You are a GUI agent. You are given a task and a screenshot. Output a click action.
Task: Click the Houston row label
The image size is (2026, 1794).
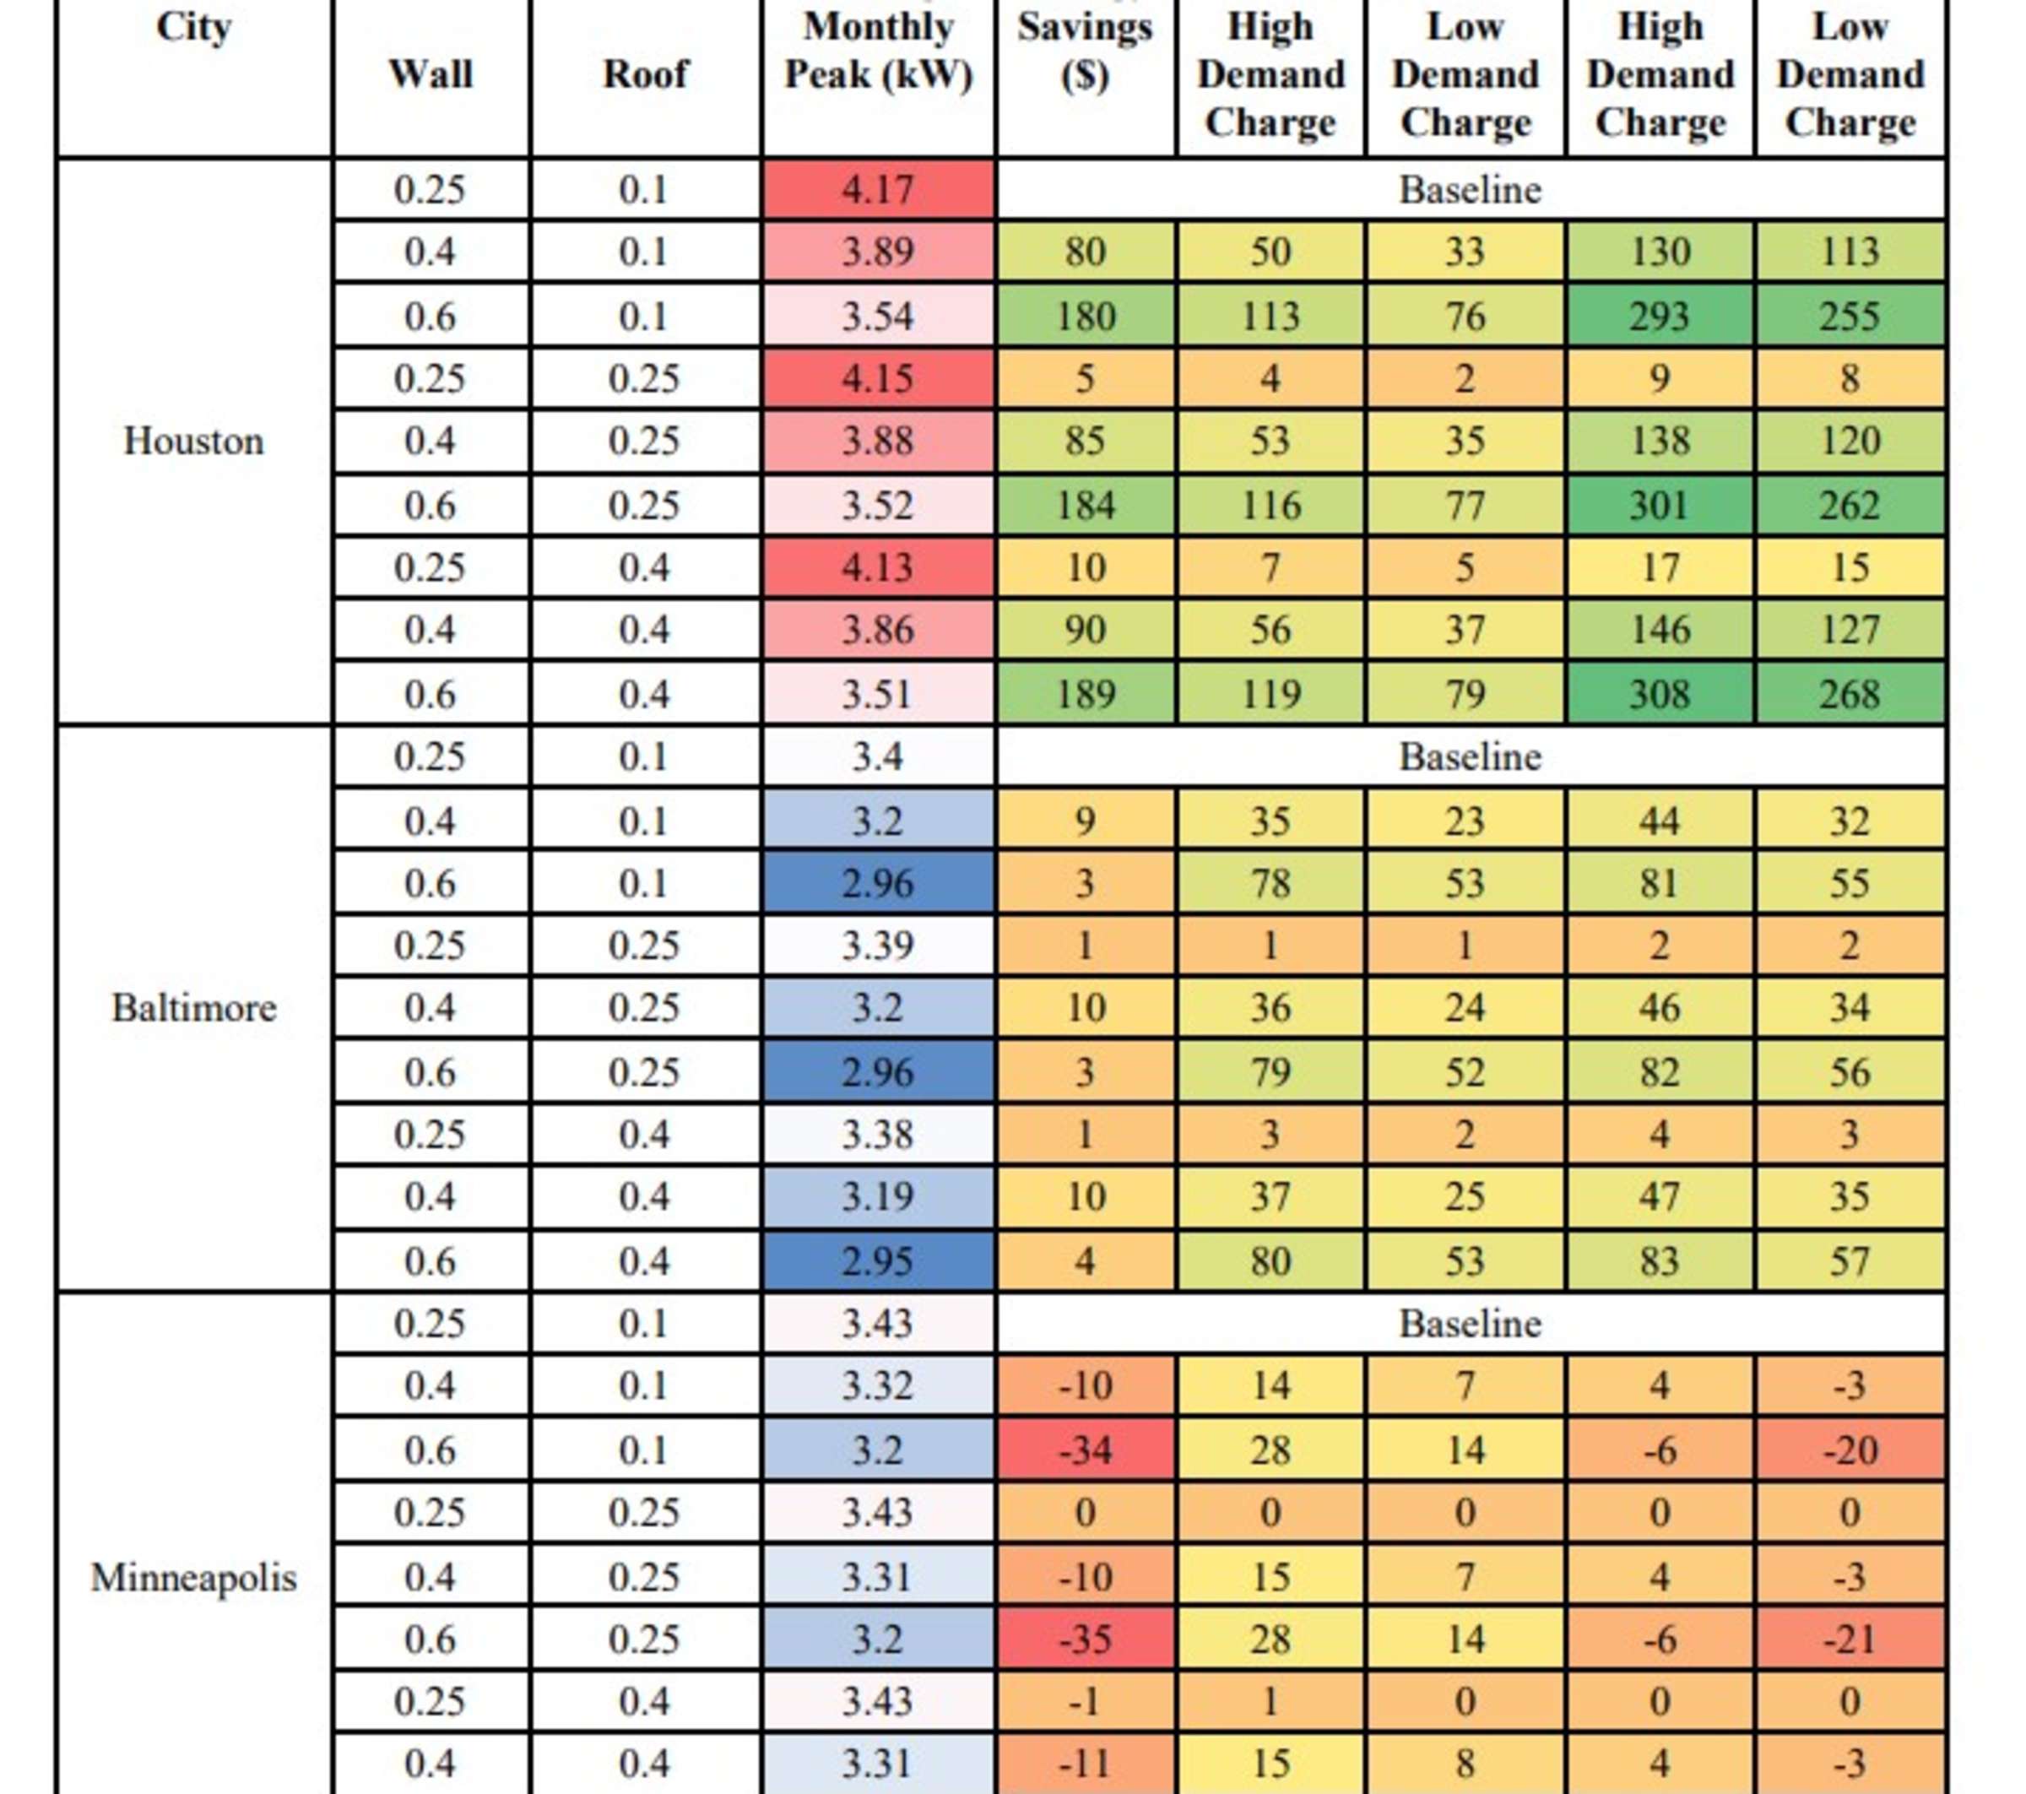(193, 441)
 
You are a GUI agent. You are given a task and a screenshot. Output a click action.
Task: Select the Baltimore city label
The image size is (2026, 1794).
(193, 1008)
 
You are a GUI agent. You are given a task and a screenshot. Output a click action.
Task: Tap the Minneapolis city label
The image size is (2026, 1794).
(193, 1577)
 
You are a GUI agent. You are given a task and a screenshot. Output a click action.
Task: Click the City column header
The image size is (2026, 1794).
(193, 28)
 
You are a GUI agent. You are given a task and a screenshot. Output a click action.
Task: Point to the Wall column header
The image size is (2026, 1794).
(431, 74)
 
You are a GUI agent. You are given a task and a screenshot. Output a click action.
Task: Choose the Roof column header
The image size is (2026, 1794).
(645, 74)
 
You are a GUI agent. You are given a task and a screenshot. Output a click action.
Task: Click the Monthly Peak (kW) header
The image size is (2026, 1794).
(878, 51)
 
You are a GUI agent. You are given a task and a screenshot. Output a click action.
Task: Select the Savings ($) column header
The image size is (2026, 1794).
(1085, 51)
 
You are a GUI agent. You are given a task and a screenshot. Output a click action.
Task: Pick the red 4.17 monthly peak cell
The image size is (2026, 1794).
(878, 189)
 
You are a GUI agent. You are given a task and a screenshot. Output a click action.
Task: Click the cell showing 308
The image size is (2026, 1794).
(1660, 694)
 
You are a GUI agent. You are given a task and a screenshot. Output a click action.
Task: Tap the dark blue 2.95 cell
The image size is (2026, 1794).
(878, 1260)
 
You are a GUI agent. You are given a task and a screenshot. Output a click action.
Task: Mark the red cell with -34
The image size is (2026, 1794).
(1085, 1450)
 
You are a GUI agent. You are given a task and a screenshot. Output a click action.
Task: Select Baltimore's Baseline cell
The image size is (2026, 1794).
(1470, 757)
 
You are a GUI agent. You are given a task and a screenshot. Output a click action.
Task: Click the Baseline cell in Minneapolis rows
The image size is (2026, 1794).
(1470, 1325)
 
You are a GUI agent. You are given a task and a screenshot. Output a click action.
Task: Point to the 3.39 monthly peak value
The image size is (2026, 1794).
(878, 946)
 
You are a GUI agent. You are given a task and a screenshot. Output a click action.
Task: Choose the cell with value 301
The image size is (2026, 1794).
(1660, 506)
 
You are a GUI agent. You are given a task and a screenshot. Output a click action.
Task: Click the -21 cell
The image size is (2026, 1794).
(1850, 1640)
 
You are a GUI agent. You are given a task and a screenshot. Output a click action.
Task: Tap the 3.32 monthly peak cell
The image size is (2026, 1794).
(878, 1385)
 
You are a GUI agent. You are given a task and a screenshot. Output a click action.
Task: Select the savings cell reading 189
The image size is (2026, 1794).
(1085, 694)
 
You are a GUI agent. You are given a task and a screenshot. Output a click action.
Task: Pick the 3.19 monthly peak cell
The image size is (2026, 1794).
(878, 1197)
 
